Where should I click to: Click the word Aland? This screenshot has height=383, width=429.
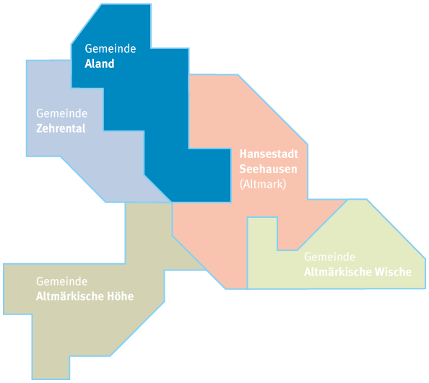tap(100, 63)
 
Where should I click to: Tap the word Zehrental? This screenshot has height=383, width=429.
tap(61, 128)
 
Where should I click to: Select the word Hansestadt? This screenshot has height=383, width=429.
tap(269, 154)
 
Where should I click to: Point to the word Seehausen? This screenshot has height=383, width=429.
tap(268, 169)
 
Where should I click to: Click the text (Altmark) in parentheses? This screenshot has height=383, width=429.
tap(263, 185)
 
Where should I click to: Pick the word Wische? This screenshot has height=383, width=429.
tap(393, 272)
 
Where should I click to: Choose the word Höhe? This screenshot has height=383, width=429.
tap(120, 296)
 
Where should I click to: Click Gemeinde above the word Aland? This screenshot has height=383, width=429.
tap(110, 48)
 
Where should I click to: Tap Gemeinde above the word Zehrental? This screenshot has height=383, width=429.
tap(62, 113)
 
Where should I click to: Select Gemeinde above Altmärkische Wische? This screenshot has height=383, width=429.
tap(329, 257)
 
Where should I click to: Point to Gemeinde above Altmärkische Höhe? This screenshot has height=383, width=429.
tap(62, 281)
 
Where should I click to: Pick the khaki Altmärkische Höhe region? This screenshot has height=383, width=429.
tap(90, 314)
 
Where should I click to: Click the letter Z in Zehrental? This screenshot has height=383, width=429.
tap(40, 128)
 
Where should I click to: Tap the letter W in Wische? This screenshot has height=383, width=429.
tap(380, 272)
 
